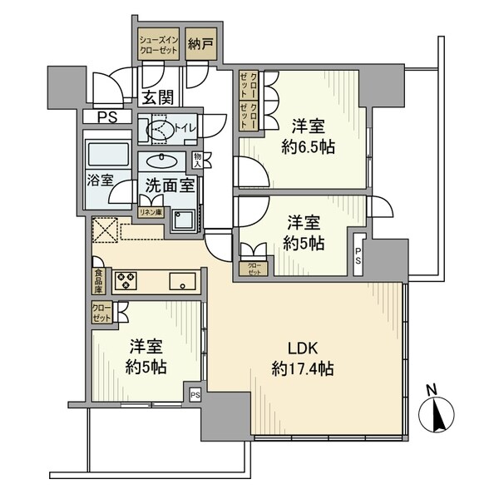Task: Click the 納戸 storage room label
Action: pyautogui.click(x=200, y=44)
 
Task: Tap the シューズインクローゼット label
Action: pyautogui.click(x=159, y=45)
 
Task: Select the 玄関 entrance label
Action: pyautogui.click(x=158, y=97)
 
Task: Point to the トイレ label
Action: pyautogui.click(x=184, y=128)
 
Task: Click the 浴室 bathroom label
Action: pyautogui.click(x=101, y=180)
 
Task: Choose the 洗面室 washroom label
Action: pyautogui.click(x=170, y=185)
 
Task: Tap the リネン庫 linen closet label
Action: pyautogui.click(x=151, y=212)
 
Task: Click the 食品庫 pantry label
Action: pyautogui.click(x=99, y=281)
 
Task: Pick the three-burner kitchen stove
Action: pyautogui.click(x=126, y=281)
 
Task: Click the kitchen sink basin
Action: pyautogui.click(x=182, y=281)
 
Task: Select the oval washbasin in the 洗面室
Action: pyautogui.click(x=162, y=161)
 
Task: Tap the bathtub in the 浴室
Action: pyautogui.click(x=108, y=155)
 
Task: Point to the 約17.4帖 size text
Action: pyautogui.click(x=303, y=369)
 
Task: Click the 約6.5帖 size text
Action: pyautogui.click(x=308, y=147)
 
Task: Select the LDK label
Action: pyautogui.click(x=303, y=348)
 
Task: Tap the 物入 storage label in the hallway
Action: pyautogui.click(x=197, y=161)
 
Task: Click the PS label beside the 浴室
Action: pyautogui.click(x=107, y=117)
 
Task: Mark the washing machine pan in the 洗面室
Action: pyautogui.click(x=183, y=220)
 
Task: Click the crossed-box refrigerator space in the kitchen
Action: pyautogui.click(x=105, y=230)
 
